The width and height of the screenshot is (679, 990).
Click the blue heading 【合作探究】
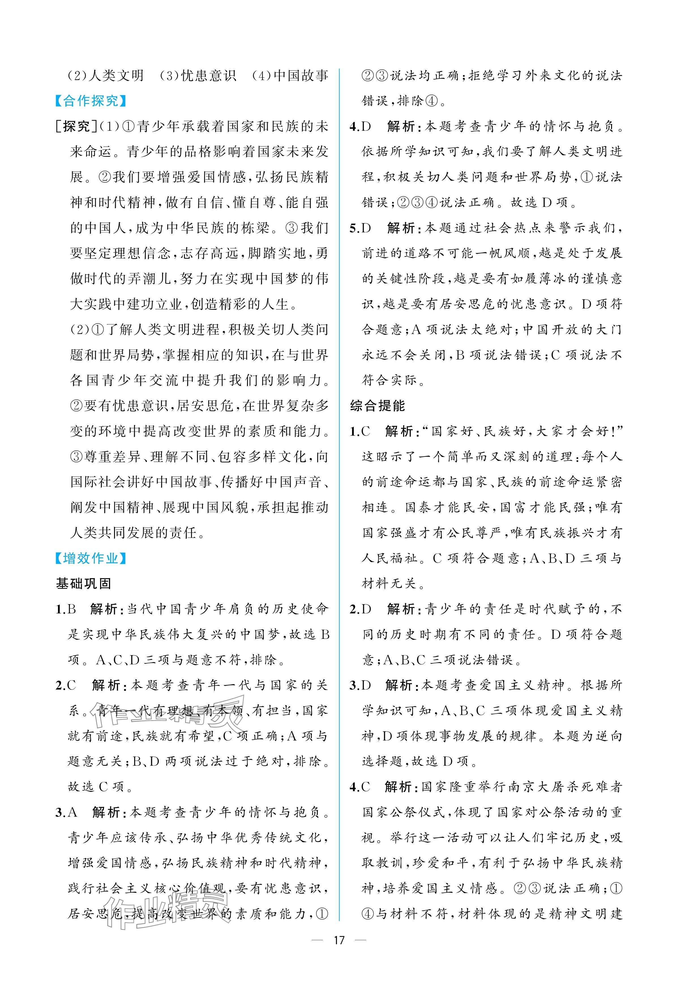click(x=91, y=101)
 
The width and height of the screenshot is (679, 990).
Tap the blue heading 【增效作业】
click(x=91, y=558)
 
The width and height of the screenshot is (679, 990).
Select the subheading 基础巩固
click(x=83, y=583)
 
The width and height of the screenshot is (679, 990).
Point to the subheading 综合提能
click(x=377, y=406)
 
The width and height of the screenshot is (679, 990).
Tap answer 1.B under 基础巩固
click(x=66, y=609)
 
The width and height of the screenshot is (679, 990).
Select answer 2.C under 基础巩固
click(x=66, y=685)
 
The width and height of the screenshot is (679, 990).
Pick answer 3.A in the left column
click(x=66, y=812)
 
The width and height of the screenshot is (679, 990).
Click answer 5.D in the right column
click(x=360, y=228)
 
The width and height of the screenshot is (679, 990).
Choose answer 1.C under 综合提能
click(x=360, y=431)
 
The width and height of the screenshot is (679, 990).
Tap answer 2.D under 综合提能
click(x=360, y=609)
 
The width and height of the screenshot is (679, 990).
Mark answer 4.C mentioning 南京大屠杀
click(x=360, y=787)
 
